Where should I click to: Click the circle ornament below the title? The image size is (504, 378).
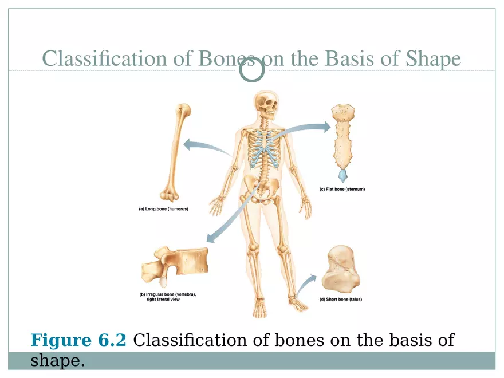coord(251,70)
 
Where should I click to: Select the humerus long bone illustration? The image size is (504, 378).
coord(175,150)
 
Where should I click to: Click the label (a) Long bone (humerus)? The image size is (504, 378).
coord(163,209)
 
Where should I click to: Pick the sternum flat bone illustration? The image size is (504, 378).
coord(343,137)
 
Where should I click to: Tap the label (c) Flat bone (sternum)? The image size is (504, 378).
coord(342,189)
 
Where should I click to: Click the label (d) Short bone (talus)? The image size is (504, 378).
coord(340,299)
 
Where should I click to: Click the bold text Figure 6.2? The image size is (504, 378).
coord(78,341)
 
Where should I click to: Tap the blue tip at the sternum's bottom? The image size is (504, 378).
coord(342,174)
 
